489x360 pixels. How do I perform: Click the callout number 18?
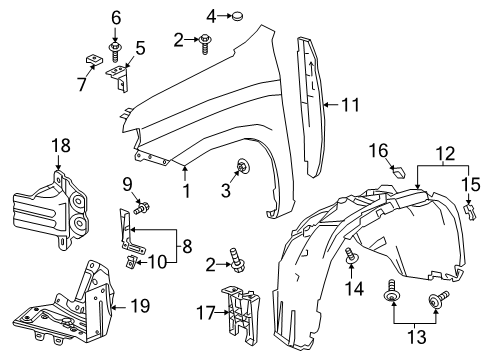pos(61,146)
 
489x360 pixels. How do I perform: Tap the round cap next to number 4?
pos(237,16)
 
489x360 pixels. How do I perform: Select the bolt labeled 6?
pos(114,52)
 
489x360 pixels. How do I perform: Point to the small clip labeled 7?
pos(93,60)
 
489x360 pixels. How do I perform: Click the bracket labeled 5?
pos(119,77)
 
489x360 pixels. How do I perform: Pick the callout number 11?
pos(350,105)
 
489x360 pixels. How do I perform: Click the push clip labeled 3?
pos(243,166)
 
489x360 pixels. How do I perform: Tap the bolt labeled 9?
pos(141,209)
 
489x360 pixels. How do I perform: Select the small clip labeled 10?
pos(131,261)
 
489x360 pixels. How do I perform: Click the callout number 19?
pos(140,305)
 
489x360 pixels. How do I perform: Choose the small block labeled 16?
pos(398,171)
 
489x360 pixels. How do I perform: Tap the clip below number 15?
pos(470,213)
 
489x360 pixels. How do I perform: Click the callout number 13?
pos(417,337)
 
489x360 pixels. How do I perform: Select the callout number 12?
pos(446,154)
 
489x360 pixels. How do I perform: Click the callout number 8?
pos(187,247)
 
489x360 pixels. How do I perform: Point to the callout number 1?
pos(187,191)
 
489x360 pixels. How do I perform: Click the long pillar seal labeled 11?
pos(311,107)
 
